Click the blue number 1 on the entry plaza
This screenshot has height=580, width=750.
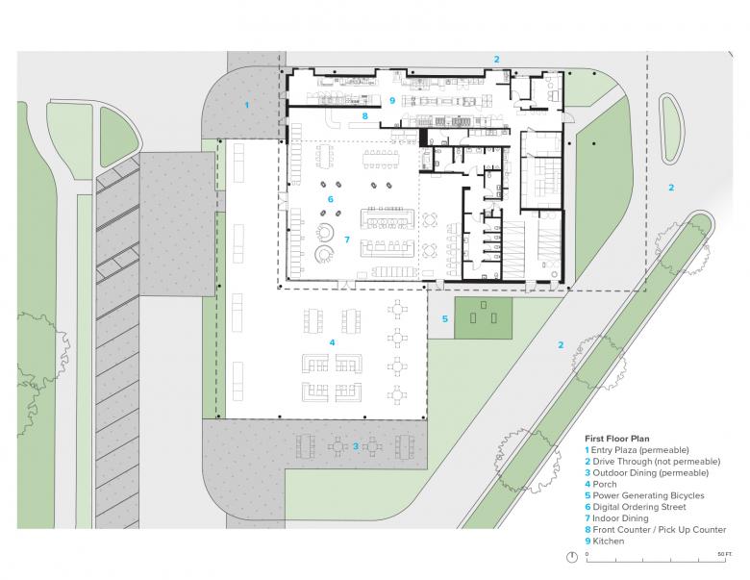click(x=247, y=105)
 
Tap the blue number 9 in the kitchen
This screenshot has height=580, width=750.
click(x=392, y=100)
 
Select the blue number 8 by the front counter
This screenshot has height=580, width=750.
click(x=365, y=115)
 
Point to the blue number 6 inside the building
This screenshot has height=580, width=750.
click(x=330, y=199)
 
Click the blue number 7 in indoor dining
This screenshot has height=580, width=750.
click(x=347, y=240)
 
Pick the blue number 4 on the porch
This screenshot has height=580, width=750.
click(x=332, y=342)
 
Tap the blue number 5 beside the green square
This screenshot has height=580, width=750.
click(x=445, y=318)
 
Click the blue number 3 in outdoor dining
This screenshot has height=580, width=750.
click(x=356, y=446)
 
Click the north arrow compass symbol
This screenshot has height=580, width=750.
click(x=572, y=557)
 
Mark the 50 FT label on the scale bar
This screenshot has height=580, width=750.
click(x=725, y=554)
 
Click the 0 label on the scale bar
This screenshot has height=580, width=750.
click(x=587, y=554)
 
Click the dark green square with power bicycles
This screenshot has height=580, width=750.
click(x=483, y=317)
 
